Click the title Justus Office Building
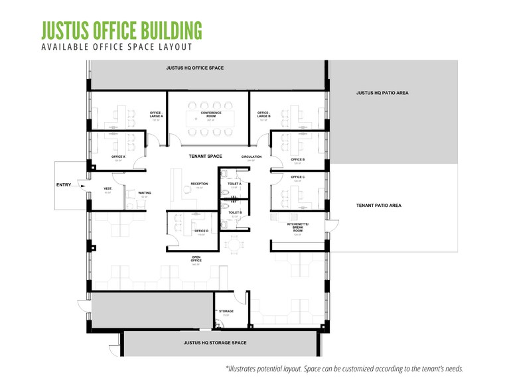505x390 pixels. pos(121,30)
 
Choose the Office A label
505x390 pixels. pos(119,157)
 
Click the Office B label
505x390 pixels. pos(298,160)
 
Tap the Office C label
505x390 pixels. pos(298,177)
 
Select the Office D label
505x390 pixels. pos(202,231)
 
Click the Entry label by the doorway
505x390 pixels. pos(64,185)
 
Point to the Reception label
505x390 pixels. pos(199,184)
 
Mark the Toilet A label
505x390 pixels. pos(234,184)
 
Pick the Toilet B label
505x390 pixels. pos(234,212)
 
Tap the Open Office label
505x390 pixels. pos(196,260)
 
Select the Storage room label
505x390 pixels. pos(226,311)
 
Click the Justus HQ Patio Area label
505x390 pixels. pos(382,94)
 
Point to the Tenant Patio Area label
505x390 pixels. pos(378,206)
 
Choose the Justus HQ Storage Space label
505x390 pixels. pos(215,343)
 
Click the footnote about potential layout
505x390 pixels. pos(344,368)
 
